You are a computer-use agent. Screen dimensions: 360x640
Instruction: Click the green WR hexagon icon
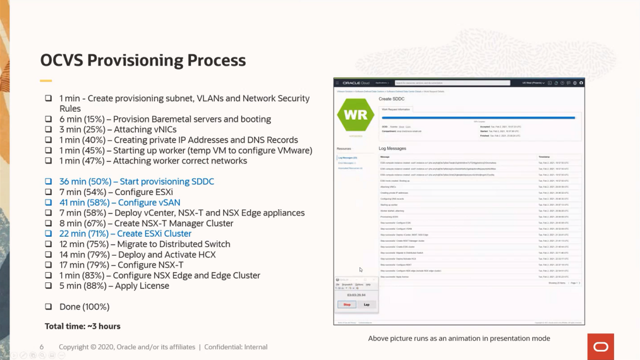coord(356,116)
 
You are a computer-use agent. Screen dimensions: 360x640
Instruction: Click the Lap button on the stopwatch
coord(366,304)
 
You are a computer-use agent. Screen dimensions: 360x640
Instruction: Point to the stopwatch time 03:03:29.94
coord(356,295)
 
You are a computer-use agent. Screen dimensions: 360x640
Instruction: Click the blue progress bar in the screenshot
coord(478,117)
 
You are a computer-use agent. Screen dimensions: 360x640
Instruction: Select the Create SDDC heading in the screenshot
coord(392,99)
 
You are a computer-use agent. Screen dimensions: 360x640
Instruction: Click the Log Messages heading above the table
coord(392,148)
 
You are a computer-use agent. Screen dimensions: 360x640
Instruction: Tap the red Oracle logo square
coord(600,347)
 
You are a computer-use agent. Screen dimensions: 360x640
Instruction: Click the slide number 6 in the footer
coord(42,347)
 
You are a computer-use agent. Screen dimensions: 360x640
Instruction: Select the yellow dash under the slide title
coord(45,81)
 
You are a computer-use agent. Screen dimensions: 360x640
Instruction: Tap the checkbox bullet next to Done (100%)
coord(48,306)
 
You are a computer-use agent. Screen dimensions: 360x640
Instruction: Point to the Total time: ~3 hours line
coord(82,326)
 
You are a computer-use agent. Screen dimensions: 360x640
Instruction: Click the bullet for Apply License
coord(48,285)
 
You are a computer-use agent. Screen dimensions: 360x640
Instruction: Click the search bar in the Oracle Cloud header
coord(452,83)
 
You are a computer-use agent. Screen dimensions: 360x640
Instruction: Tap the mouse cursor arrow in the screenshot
coord(361,270)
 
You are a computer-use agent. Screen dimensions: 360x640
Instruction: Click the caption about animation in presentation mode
coord(459,339)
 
